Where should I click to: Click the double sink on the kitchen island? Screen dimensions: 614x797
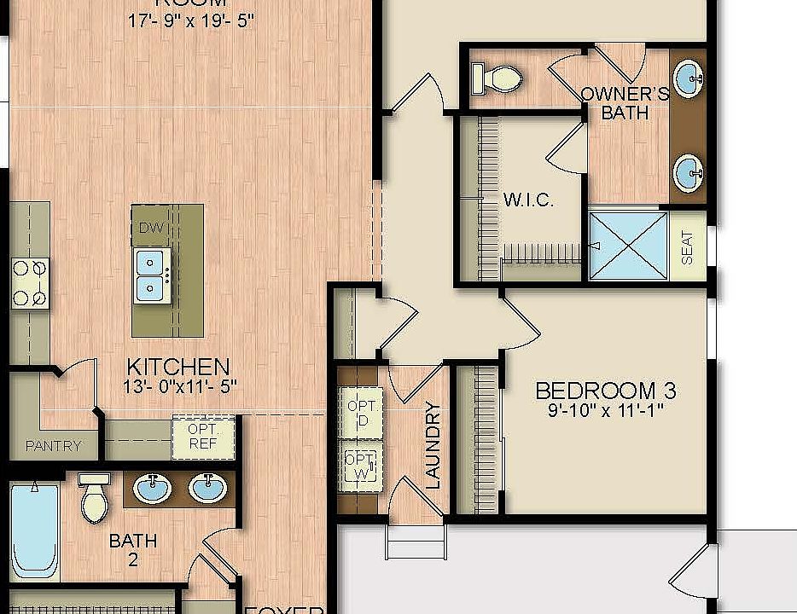pos(151,275)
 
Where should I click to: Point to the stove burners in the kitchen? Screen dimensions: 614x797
pos(29,282)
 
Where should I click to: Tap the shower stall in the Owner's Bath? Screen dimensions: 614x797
pos(630,246)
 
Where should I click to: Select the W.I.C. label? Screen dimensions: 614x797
pos(528,200)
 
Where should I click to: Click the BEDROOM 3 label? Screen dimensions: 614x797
pos(605,391)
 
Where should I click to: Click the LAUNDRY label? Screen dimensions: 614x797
pos(433,450)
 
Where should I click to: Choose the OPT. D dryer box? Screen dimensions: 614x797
pos(358,412)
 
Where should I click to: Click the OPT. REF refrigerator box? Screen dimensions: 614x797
pos(203,436)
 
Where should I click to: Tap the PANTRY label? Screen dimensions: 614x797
pos(53,445)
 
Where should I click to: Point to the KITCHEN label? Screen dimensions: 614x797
pos(177,367)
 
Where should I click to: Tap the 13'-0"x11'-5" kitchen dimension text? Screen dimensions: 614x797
pos(179,386)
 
